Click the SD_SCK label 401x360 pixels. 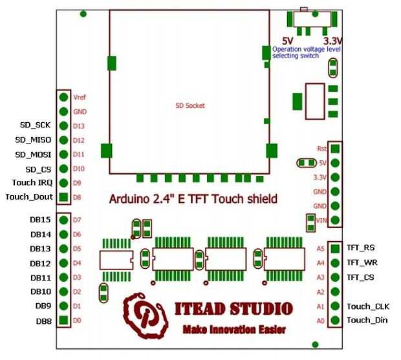point(36,125)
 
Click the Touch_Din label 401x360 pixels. point(367,320)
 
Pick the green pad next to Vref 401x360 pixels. point(63,98)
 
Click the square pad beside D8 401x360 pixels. point(63,198)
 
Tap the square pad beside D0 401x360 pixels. point(63,320)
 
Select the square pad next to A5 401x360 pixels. point(335,248)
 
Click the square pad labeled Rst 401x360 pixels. point(335,148)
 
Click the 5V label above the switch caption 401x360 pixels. point(288,40)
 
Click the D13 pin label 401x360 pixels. point(79,126)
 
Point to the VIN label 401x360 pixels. point(321,220)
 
